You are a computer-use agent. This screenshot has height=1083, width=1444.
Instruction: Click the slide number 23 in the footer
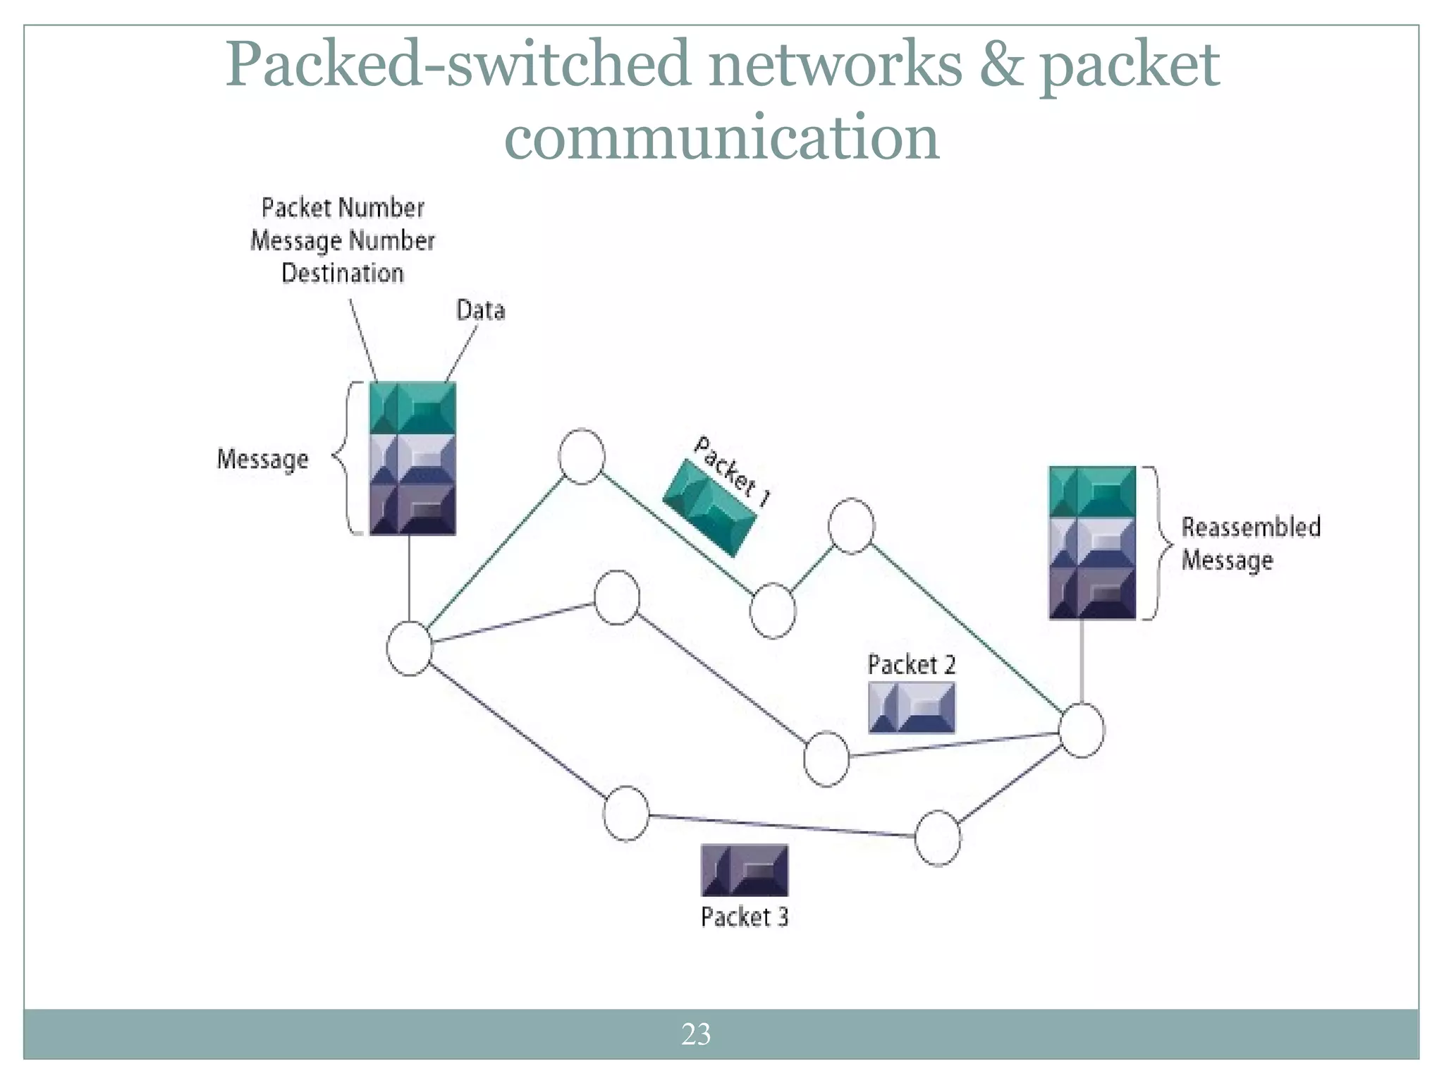click(696, 1034)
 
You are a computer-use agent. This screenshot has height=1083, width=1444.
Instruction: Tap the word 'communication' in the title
click(721, 137)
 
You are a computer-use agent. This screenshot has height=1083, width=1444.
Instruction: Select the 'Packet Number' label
click(343, 208)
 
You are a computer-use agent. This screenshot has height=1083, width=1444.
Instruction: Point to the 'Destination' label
click(343, 274)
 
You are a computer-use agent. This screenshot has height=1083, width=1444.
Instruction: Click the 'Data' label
click(480, 310)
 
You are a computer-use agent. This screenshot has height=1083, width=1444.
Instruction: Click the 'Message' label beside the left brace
click(262, 459)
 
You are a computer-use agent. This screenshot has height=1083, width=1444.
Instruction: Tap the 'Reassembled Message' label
click(1249, 544)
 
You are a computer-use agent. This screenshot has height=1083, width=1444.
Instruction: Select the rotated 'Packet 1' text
click(733, 471)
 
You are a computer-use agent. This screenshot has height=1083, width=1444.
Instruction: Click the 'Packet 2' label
click(911, 665)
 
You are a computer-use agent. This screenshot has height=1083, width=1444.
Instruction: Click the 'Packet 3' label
click(744, 917)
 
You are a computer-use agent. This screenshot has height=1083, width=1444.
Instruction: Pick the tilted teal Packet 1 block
click(709, 508)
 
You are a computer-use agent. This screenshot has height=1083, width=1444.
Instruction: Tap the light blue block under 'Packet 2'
click(911, 707)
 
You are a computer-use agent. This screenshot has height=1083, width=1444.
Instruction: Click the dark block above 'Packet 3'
click(744, 870)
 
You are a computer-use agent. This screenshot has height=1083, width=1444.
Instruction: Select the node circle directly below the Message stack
click(410, 649)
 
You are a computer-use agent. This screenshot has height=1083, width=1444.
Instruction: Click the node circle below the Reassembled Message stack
click(1082, 730)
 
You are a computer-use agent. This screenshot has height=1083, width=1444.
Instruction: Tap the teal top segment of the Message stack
click(412, 408)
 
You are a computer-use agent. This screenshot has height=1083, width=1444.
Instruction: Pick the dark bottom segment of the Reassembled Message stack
click(1091, 594)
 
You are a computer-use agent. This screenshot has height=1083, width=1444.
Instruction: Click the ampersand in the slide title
click(1001, 65)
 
